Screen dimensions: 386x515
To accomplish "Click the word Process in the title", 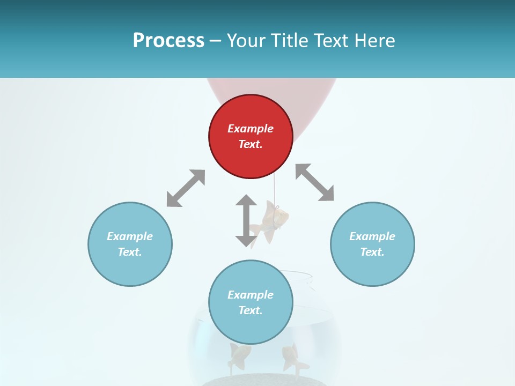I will click(x=168, y=41).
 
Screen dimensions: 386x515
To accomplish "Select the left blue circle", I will click(x=130, y=268).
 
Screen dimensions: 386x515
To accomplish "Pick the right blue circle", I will click(x=372, y=268).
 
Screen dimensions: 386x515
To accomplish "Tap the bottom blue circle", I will click(x=251, y=327).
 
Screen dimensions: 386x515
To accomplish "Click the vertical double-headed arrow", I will click(x=246, y=220).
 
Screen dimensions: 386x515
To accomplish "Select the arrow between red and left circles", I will click(x=186, y=188).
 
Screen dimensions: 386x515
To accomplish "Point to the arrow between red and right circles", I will click(x=315, y=182).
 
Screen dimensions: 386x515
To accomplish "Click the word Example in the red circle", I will click(x=251, y=129).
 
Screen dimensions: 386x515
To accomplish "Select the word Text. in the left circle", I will click(x=130, y=252).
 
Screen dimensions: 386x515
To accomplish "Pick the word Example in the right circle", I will click(x=372, y=236).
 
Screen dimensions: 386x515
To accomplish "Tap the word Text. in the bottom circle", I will click(x=251, y=310).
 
